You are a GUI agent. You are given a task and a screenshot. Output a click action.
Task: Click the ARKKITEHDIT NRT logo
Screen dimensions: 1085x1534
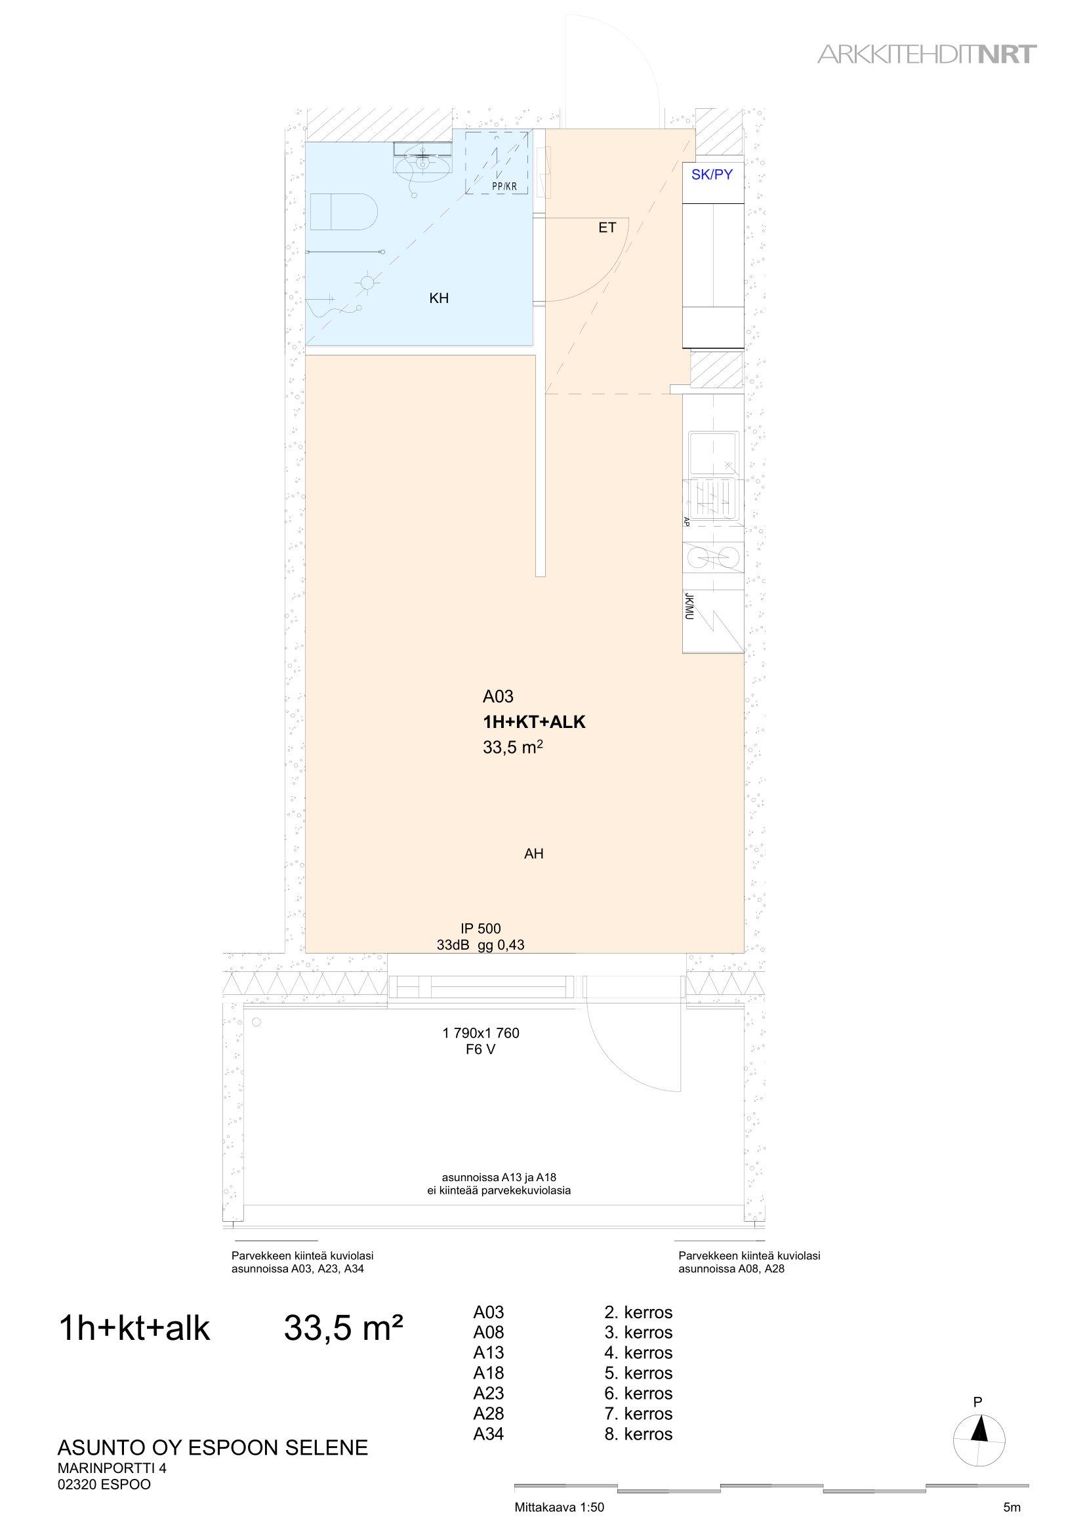pyautogui.click(x=928, y=54)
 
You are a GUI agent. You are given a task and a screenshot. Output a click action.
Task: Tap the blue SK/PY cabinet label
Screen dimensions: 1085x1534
pyautogui.click(x=712, y=175)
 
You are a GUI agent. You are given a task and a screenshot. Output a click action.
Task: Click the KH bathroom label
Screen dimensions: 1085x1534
pyautogui.click(x=439, y=298)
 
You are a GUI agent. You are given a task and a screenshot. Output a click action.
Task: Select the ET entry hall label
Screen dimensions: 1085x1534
pyautogui.click(x=607, y=228)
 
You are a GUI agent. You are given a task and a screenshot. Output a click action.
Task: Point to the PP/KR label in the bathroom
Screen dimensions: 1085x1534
pyautogui.click(x=505, y=186)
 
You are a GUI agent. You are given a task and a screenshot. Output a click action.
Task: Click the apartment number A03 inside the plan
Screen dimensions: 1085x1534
pyautogui.click(x=498, y=697)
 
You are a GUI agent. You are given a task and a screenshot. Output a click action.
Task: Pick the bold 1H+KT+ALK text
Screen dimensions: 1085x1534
pyautogui.click(x=534, y=722)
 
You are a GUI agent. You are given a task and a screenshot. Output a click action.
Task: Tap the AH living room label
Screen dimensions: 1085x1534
pyautogui.click(x=534, y=853)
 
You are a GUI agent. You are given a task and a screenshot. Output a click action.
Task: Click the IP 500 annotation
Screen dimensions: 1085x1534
pyautogui.click(x=480, y=928)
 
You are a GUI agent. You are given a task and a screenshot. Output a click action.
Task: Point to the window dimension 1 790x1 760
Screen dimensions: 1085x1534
pyautogui.click(x=480, y=1033)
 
